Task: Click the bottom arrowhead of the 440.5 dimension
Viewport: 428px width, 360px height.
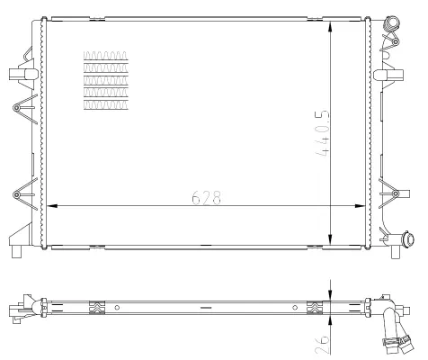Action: (334, 240)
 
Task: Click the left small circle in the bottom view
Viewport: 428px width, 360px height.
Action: (118, 308)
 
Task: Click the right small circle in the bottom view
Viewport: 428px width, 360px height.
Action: (294, 308)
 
